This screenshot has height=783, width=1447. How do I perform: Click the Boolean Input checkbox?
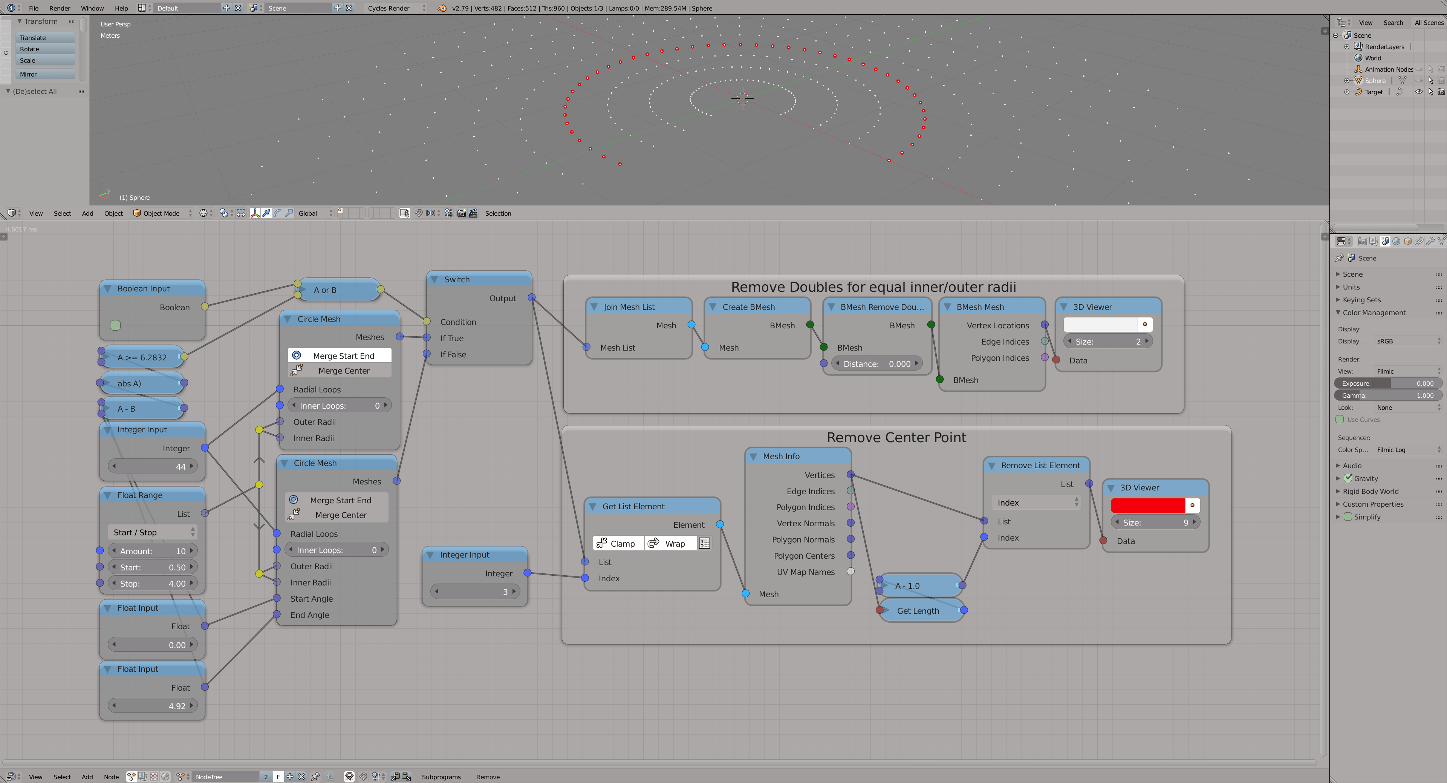(x=115, y=325)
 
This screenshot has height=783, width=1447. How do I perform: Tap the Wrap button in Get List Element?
(x=668, y=544)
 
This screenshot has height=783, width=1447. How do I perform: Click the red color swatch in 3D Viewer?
(x=1147, y=505)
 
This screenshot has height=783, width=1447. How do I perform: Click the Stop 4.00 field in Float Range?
(x=152, y=584)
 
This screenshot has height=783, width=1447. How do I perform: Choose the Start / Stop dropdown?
(x=152, y=532)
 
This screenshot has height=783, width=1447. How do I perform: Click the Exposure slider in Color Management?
(x=1387, y=383)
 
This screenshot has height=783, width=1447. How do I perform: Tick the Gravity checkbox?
(x=1348, y=478)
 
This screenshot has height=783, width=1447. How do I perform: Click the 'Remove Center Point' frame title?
(x=896, y=437)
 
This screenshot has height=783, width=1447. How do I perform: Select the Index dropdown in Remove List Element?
(x=1036, y=503)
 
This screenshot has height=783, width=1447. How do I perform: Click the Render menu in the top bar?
(x=60, y=8)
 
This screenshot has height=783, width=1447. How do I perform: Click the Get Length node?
(x=920, y=610)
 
